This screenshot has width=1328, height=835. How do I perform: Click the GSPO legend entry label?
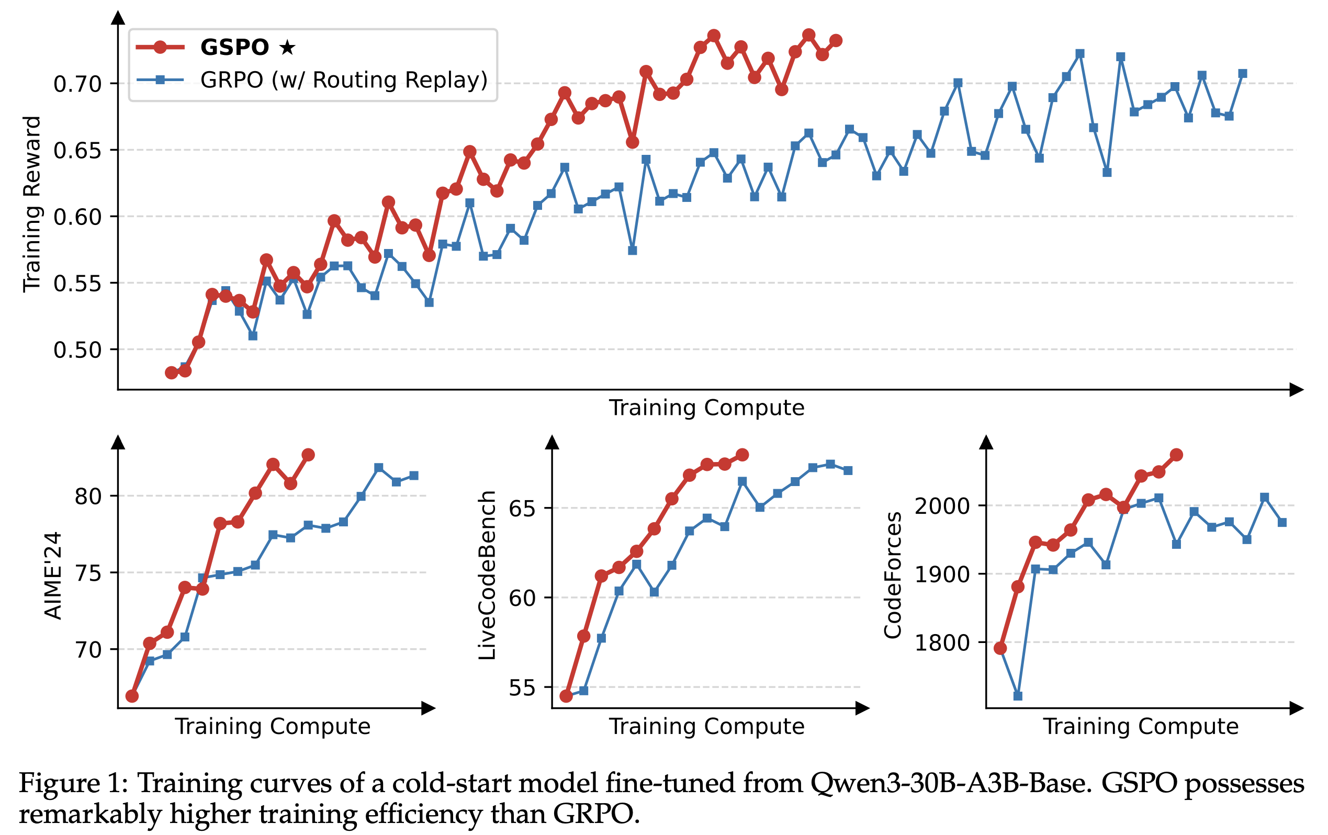coord(234,48)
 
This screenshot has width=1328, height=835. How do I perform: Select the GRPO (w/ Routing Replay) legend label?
coord(344,81)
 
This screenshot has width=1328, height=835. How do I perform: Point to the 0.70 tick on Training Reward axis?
coord(78,84)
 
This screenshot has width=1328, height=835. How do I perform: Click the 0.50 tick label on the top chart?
coord(78,350)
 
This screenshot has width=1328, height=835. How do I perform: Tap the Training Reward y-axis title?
coord(32,204)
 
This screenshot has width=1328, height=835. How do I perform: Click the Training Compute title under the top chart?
coord(706,408)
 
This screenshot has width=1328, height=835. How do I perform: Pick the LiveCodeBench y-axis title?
coord(487,575)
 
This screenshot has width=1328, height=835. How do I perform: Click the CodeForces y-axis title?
coord(892,575)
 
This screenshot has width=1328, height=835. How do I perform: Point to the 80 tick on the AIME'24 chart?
coord(88,497)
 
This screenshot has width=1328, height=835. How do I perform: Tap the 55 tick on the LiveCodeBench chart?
coord(522,689)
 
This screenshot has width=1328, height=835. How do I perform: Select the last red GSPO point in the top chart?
coord(836,40)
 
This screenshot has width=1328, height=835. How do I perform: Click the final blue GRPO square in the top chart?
coord(1243,74)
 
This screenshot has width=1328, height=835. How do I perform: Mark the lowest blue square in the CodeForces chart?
coord(1018,696)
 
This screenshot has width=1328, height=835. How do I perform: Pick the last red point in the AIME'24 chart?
coord(308,455)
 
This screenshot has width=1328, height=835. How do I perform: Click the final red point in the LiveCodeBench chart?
coord(742,455)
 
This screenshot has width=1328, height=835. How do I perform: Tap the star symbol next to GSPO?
coord(287,48)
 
